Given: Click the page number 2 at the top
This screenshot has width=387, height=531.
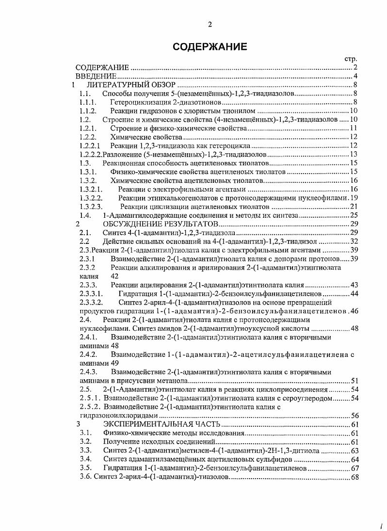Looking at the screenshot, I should coord(210,25).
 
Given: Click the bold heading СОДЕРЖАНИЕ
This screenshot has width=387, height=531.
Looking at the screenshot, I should coord(210,47).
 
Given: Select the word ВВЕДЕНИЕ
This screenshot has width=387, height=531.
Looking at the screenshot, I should coord(96,76).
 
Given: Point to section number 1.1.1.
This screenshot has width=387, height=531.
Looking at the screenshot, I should coord(88,102).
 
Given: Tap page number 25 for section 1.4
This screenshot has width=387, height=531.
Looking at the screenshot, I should coord(354,215).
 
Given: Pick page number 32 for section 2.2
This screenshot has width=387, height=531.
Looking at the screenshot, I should coord(354,241).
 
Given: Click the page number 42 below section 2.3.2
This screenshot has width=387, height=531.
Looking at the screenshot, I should coord(115,276).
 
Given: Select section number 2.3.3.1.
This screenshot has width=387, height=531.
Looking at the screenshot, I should coord(91,293).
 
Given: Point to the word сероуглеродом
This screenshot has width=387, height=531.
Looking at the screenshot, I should coord(309,398).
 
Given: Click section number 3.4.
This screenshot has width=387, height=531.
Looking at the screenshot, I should coord(86,459).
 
